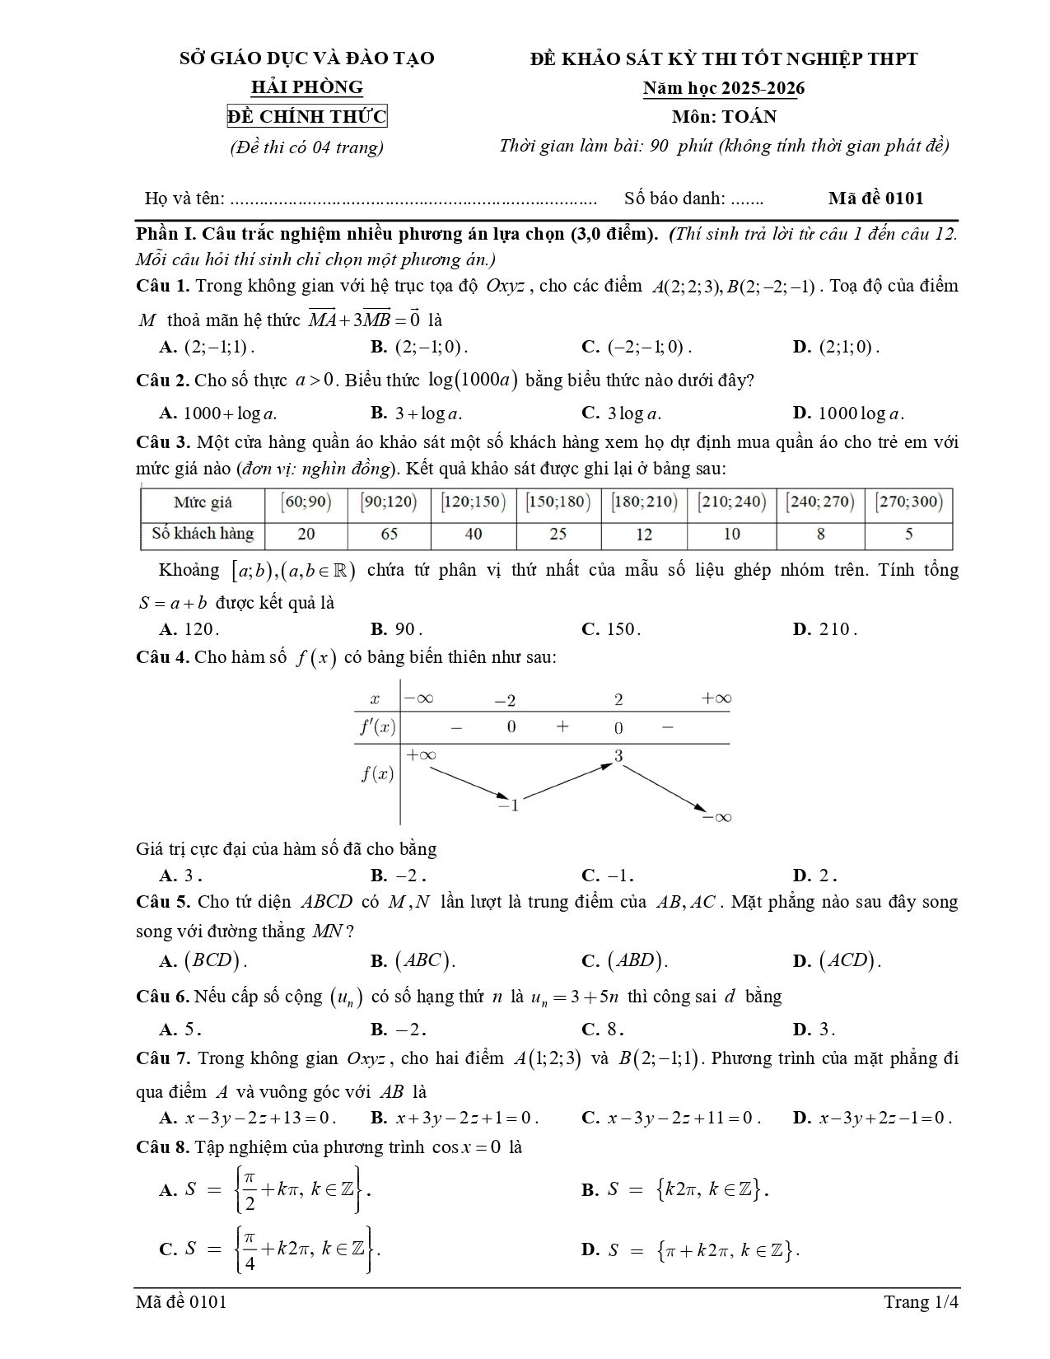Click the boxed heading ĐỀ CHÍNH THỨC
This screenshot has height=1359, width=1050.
(307, 117)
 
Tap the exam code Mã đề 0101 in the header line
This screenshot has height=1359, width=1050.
(875, 198)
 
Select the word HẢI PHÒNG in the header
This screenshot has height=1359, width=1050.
(306, 87)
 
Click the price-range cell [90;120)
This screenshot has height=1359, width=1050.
(389, 502)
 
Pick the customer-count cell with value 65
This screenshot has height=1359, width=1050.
(389, 534)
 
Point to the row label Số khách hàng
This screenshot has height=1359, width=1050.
(203, 534)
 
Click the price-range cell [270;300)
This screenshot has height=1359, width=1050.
(908, 502)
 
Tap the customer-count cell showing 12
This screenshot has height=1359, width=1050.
(643, 534)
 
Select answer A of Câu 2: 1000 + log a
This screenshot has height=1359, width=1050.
(224, 413)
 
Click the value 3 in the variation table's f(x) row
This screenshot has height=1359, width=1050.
(618, 756)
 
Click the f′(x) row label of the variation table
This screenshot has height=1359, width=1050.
(377, 727)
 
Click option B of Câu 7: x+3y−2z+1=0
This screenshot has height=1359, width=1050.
(455, 1118)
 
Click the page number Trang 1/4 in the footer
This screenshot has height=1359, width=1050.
(921, 1302)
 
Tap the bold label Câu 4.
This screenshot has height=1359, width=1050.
(162, 657)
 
